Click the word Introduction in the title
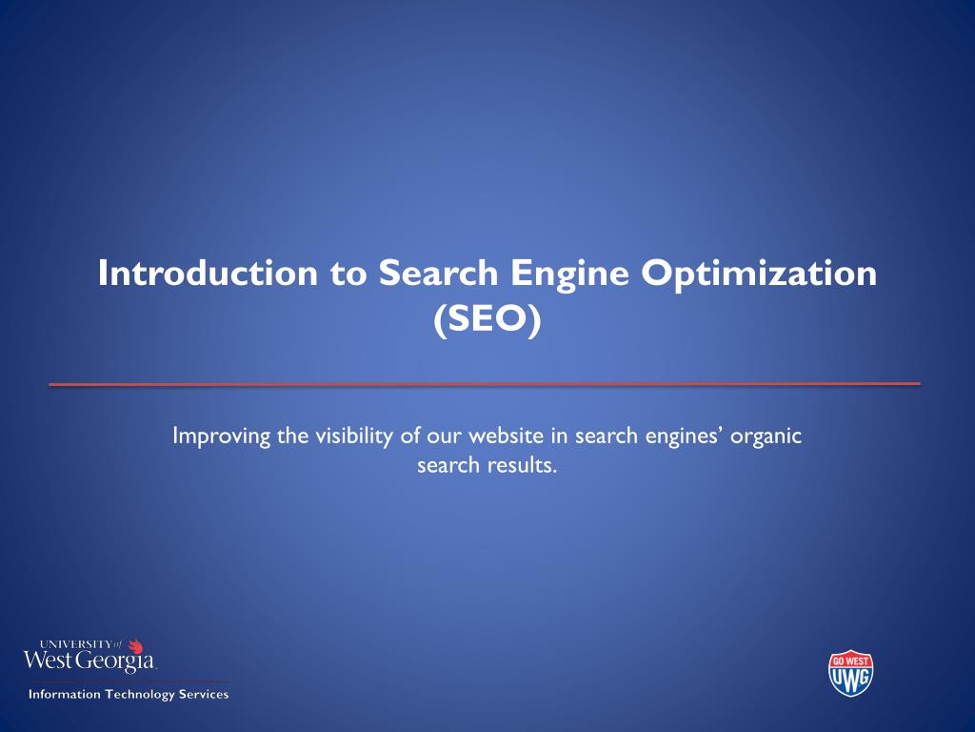coord(209,274)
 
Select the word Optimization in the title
coord(759,274)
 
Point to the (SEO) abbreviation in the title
coord(487,319)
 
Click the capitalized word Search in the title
coord(438,274)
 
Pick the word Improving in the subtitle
coord(221,437)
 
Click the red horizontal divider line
coord(485,384)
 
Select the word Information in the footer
coord(64,694)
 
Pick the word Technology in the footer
coord(140,694)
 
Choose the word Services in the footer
coord(205,694)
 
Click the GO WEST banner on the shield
coord(851,660)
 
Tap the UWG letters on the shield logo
coord(851,679)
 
